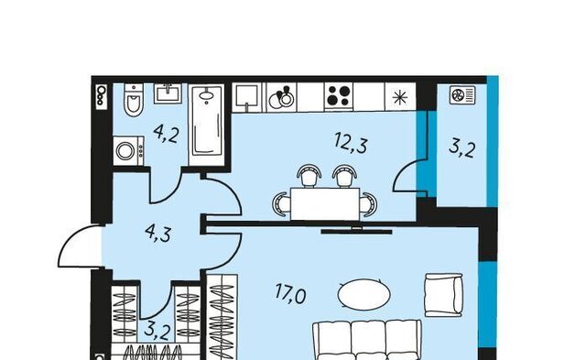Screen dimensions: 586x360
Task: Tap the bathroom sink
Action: pos(168,93)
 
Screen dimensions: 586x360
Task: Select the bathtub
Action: pos(207,125)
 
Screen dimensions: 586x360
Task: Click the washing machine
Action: pos(128,151)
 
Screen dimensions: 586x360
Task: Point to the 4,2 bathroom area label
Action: pos(166,135)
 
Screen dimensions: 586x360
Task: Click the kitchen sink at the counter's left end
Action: pos(245,98)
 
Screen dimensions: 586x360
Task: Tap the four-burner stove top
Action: pos(339,96)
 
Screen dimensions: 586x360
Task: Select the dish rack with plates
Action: pos(281,97)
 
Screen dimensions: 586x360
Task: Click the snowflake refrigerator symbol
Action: pos(400,97)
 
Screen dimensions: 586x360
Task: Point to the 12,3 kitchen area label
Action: pos(351,143)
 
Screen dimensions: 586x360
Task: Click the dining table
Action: pos(325,204)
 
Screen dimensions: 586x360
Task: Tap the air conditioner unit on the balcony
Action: pos(462,95)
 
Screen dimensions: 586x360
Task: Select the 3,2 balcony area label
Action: pos(462,148)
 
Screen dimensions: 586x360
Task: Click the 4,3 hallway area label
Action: pos(158,234)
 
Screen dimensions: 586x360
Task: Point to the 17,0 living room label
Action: pos(291,293)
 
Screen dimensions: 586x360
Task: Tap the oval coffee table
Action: pos(364,293)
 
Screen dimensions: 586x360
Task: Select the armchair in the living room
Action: pos(443,295)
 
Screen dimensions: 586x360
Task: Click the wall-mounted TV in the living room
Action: pos(356,231)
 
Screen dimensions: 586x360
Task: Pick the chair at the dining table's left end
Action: pos(281,204)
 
